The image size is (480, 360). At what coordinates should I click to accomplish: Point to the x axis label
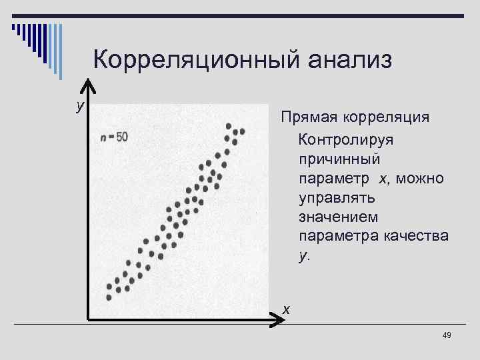pyautogui.click(x=286, y=309)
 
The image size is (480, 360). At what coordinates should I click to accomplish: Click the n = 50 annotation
pyautogui.click(x=115, y=137)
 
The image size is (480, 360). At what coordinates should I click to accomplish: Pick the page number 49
pyautogui.click(x=447, y=335)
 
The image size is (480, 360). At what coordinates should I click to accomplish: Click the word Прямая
pyautogui.click(x=309, y=118)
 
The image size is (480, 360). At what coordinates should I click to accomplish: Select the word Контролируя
pyautogui.click(x=347, y=141)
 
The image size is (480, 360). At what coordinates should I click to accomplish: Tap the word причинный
pyautogui.click(x=340, y=160)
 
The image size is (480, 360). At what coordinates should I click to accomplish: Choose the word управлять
pyautogui.click(x=337, y=199)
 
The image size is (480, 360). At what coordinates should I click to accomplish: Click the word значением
pyautogui.click(x=339, y=217)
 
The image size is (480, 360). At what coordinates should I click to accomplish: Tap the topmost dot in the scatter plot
pyautogui.click(x=229, y=125)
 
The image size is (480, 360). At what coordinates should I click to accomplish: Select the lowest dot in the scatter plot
pyautogui.click(x=109, y=297)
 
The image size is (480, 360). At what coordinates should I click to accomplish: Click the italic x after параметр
pyautogui.click(x=382, y=179)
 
